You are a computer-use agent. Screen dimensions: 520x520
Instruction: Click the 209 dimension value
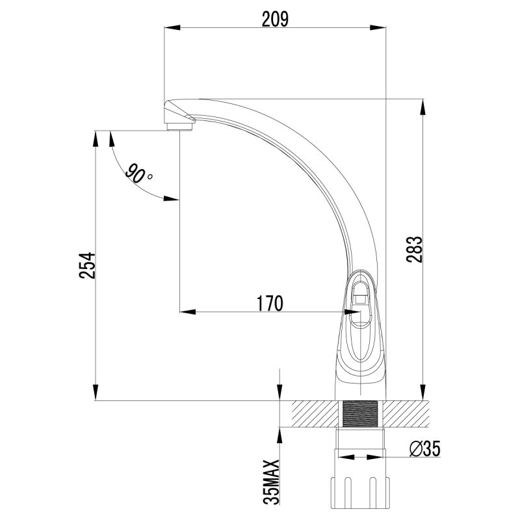tap(274, 19)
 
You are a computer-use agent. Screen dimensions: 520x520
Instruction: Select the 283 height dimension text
tap(416, 250)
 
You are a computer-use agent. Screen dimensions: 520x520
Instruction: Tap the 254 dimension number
tap(88, 266)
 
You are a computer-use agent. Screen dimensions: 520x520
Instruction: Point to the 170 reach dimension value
tap(270, 303)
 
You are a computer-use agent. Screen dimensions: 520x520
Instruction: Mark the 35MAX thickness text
tap(274, 482)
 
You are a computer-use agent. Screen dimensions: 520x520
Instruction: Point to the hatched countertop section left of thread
tap(315, 413)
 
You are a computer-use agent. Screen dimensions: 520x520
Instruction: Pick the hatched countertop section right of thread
tap(407, 413)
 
